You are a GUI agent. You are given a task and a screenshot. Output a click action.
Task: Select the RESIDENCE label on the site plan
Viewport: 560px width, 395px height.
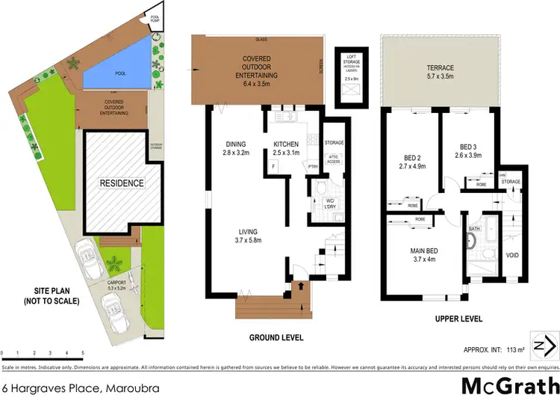tap(123, 182)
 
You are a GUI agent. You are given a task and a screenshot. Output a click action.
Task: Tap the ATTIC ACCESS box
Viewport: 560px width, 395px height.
tap(332, 159)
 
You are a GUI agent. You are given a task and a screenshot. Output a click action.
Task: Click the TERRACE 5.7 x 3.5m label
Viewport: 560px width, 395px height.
tap(440, 73)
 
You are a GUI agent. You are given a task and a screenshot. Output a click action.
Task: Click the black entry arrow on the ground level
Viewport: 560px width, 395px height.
tap(300, 286)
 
